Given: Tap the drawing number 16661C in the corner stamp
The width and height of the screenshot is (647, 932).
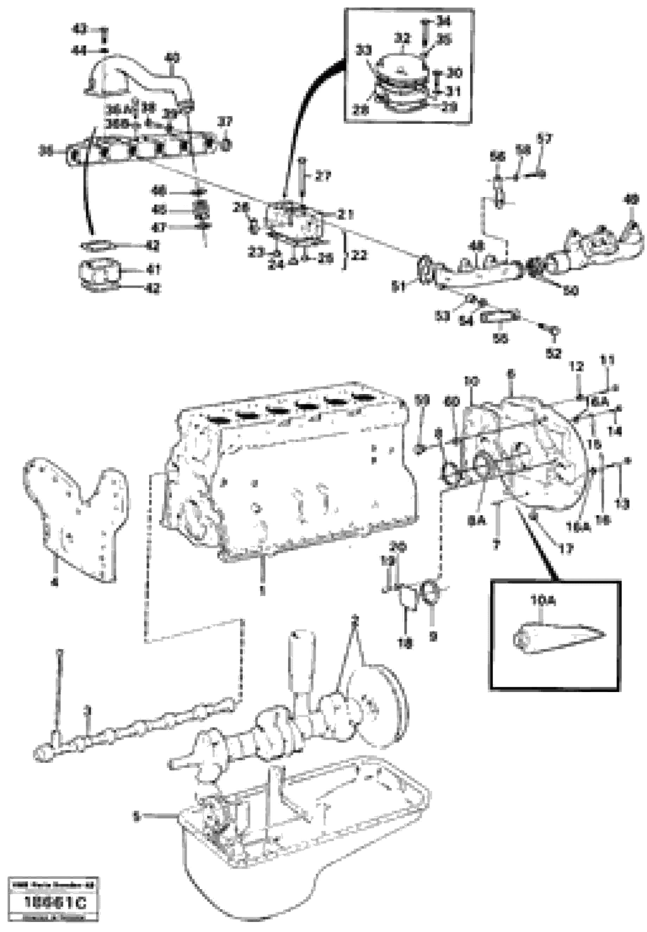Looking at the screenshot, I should point(56,902).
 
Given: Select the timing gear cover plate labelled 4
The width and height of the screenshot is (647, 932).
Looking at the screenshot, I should point(77,515).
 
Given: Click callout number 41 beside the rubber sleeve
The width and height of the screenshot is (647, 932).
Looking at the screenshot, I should point(153,269).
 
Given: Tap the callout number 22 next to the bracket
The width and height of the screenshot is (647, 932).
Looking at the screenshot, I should point(359,255).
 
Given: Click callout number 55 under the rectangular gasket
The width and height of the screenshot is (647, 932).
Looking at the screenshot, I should point(501,338).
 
